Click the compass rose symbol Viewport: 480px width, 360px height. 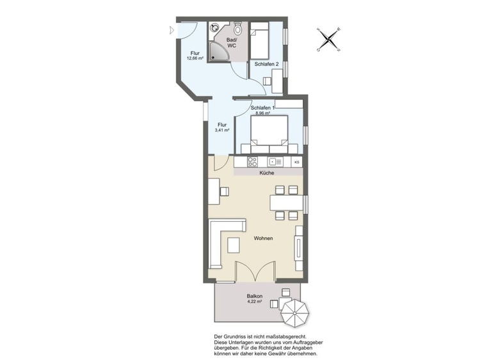(329, 40)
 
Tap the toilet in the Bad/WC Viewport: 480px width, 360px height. (237, 28)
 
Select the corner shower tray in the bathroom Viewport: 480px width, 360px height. (218, 51)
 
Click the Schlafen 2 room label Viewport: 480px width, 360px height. (266, 64)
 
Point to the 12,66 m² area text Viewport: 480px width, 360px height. (195, 58)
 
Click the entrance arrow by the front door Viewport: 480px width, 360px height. (172, 30)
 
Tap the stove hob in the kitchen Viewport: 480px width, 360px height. (253, 162)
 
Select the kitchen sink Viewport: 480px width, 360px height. (275, 162)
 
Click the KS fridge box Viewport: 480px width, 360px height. (296, 162)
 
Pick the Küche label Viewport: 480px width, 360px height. (267, 173)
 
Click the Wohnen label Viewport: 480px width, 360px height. (263, 239)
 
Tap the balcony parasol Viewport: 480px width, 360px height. (295, 313)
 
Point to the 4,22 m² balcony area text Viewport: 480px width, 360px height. (254, 301)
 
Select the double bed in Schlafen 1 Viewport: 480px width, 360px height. (269, 134)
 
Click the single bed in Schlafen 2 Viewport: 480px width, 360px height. (260, 40)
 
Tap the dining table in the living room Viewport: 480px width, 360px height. (287, 203)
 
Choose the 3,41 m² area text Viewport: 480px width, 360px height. (222, 130)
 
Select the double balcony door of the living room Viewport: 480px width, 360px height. (255, 272)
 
